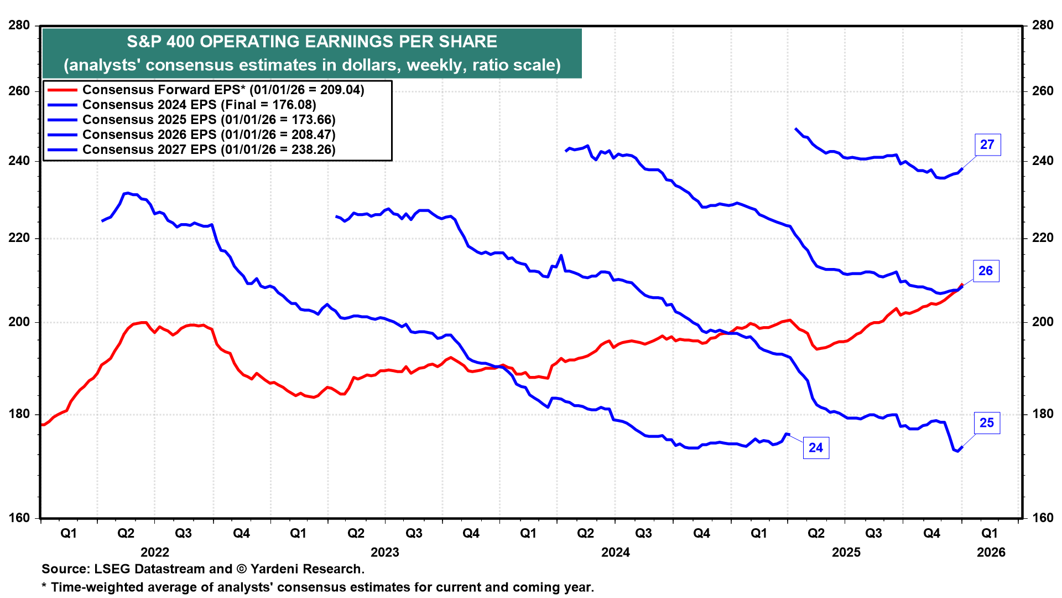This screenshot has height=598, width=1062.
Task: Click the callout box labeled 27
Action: pyautogui.click(x=987, y=145)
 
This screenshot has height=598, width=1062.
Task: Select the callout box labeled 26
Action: pyautogui.click(x=986, y=271)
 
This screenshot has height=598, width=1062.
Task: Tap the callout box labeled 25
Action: pyautogui.click(x=987, y=423)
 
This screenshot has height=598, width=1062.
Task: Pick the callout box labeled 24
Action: pyautogui.click(x=816, y=447)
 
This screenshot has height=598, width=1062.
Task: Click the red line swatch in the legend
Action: pyautogui.click(x=62, y=90)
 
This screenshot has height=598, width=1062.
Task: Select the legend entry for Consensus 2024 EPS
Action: pyautogui.click(x=199, y=105)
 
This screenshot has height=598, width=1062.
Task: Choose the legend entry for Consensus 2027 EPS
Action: pyautogui.click(x=209, y=149)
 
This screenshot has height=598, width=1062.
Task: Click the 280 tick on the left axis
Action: pyautogui.click(x=19, y=25)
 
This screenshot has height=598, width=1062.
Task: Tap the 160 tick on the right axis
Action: pyautogui.click(x=1042, y=518)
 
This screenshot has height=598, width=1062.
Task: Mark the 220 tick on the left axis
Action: pyautogui.click(x=19, y=238)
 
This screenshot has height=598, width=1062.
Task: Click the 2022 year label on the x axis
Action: pyautogui.click(x=155, y=552)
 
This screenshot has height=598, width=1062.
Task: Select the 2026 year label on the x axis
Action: pyautogui.click(x=991, y=552)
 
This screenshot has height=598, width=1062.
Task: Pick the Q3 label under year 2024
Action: pyautogui.click(x=643, y=533)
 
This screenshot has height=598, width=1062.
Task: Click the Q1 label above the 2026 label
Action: pyautogui.click(x=990, y=533)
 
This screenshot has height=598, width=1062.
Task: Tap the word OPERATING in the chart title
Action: pyautogui.click(x=247, y=42)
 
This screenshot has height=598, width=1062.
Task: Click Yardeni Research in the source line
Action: pyautogui.click(x=307, y=569)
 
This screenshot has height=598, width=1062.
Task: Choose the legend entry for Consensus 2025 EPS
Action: pyautogui.click(x=209, y=120)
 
